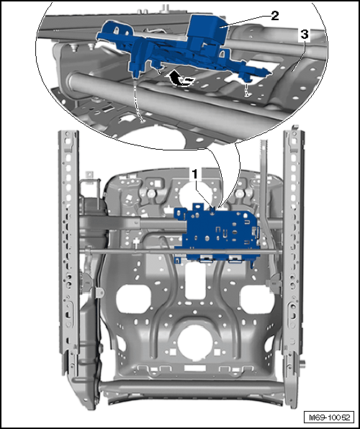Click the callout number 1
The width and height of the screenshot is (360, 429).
pyautogui.click(x=195, y=174)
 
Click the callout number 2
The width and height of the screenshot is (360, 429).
pyautogui.click(x=274, y=16)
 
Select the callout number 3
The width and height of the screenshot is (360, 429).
pyautogui.click(x=305, y=35)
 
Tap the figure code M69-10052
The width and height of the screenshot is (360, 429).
pyautogui.click(x=329, y=417)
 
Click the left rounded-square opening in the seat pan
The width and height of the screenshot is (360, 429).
pyautogui.click(x=133, y=299)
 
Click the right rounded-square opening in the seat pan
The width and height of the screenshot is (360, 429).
pyautogui.click(x=257, y=299)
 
